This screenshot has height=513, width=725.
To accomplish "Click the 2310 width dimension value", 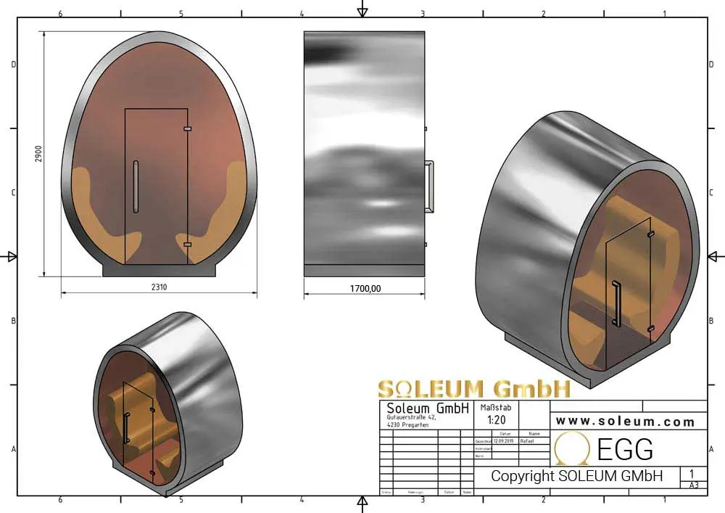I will (x=159, y=287).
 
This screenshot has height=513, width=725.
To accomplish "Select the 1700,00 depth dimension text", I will (x=365, y=288).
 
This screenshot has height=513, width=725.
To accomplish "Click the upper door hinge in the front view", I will (x=187, y=129).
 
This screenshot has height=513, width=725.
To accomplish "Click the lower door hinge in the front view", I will (x=187, y=245).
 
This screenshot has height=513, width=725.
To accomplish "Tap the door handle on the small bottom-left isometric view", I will (x=127, y=427).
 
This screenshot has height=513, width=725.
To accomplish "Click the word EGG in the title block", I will (x=625, y=450).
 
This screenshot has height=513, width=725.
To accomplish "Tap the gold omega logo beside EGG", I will (x=572, y=448).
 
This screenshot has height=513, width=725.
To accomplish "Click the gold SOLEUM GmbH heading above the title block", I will (x=474, y=388).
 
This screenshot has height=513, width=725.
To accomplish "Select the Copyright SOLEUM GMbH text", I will (x=576, y=477).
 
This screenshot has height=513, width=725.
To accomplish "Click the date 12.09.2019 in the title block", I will (x=502, y=440).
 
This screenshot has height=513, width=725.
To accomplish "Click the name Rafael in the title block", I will (x=528, y=440).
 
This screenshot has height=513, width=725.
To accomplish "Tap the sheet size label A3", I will (x=694, y=485).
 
